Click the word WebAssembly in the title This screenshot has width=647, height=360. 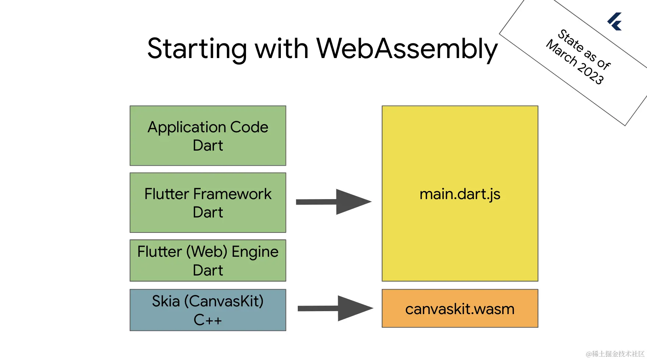click(x=407, y=49)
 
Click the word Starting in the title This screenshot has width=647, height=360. click(x=197, y=49)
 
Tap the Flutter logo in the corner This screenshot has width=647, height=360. click(x=615, y=22)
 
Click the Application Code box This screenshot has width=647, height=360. click(x=208, y=136)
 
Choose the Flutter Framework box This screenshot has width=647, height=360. click(x=208, y=202)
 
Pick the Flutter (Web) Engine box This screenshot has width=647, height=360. click(x=208, y=260)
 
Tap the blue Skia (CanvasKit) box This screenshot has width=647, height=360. click(x=208, y=310)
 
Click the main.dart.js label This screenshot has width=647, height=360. click(x=460, y=194)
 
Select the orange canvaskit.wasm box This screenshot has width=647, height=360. click(x=460, y=308)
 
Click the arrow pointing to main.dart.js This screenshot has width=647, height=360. click(x=333, y=202)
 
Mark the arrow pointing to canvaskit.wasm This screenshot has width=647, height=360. click(x=335, y=308)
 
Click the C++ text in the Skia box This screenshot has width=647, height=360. click(x=208, y=320)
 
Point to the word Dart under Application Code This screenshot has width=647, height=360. click(x=208, y=145)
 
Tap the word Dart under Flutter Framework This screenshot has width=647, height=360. click(x=208, y=212)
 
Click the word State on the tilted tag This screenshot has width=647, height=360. click(x=571, y=40)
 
